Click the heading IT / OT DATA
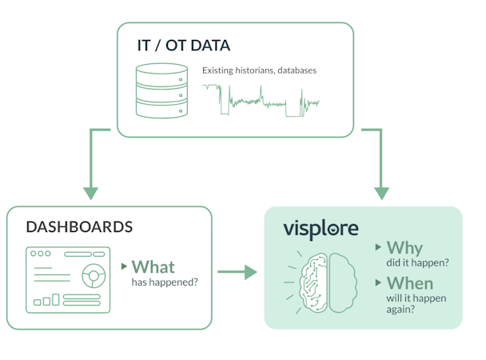point(184,45)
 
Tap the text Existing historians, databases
point(259,70)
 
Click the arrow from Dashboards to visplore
point(237,273)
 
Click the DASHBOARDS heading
point(79,227)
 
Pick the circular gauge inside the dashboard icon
point(94,276)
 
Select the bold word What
point(153,267)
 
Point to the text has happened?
point(165,282)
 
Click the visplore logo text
point(321,229)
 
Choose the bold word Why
point(404,248)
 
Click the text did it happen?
point(416,262)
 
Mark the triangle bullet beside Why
point(378,248)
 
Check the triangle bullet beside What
point(124,266)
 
